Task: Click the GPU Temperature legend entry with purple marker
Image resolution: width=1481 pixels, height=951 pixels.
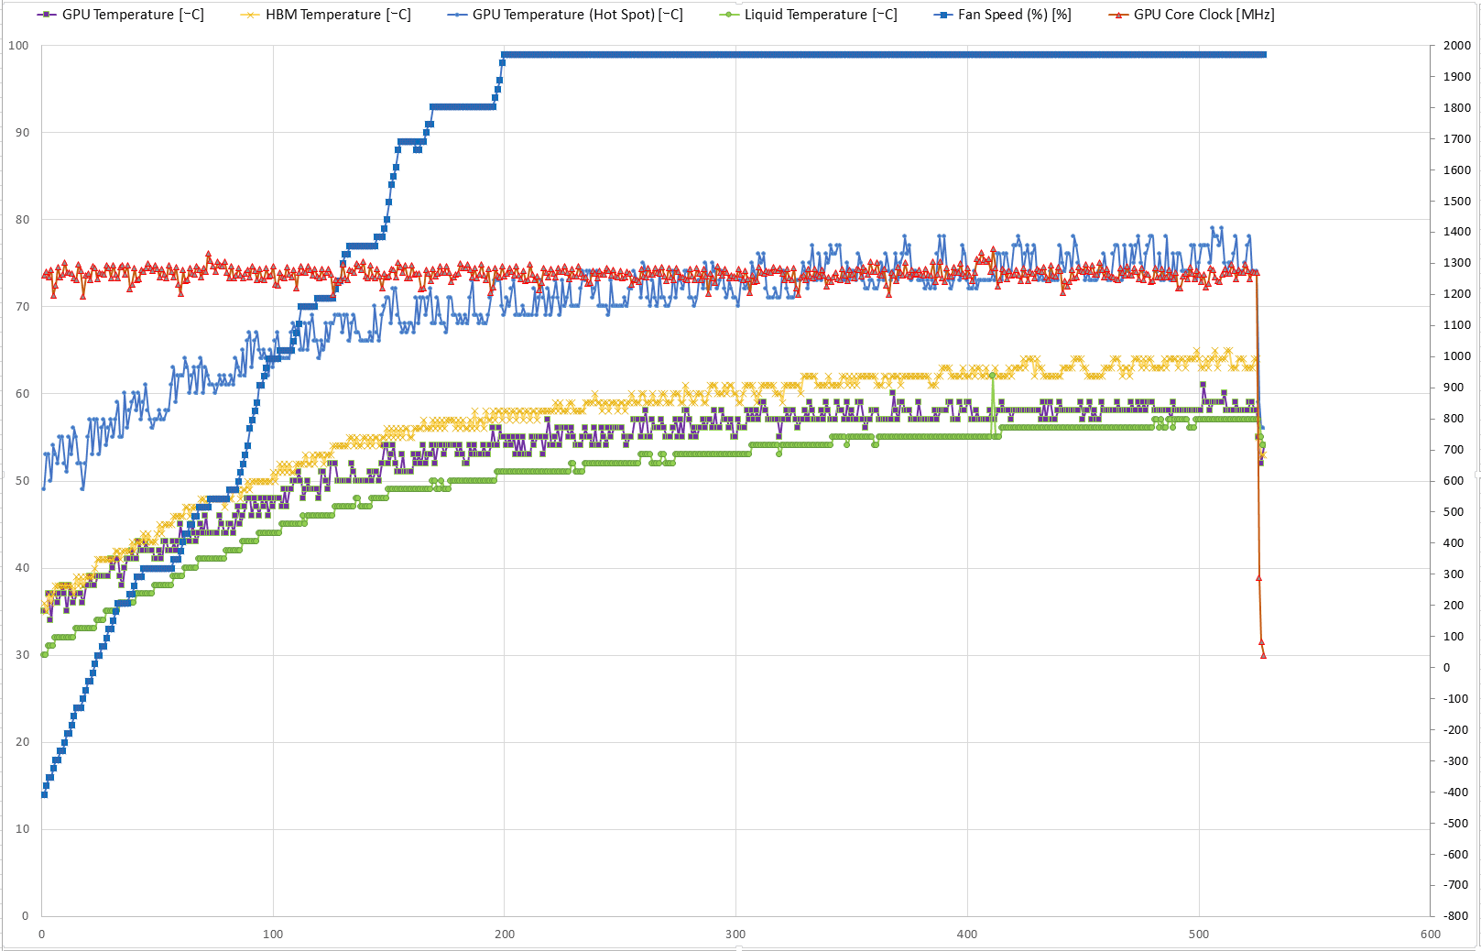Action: coord(121,15)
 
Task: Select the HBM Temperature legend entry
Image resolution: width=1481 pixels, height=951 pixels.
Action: coord(326,15)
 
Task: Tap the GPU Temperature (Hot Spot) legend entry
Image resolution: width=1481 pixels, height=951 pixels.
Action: coord(566,15)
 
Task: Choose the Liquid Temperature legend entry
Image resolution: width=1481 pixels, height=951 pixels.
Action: coord(809,15)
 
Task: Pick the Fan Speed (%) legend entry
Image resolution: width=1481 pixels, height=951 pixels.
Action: coord(1002,15)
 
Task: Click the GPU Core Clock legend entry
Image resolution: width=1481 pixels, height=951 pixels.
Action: coord(1192,15)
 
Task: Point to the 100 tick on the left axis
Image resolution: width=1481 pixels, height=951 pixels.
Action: coord(18,46)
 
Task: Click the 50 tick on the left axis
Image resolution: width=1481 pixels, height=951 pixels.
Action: coord(22,481)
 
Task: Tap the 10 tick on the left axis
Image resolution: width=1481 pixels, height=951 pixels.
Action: coord(22,829)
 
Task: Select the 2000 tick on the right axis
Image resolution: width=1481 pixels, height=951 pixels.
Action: coord(1456,46)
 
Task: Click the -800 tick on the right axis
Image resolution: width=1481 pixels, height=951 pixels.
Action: coord(1455,915)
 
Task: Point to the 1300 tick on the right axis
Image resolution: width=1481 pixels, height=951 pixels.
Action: coord(1456,263)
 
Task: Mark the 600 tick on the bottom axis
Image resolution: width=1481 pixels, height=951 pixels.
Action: coord(1430,935)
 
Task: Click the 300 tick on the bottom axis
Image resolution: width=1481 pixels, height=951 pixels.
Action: coord(735,935)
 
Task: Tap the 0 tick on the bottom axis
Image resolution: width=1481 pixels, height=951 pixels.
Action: coord(42,935)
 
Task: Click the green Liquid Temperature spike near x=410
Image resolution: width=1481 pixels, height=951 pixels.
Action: coord(992,375)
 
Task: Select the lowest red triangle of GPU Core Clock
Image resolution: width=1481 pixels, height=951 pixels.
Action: coord(1264,655)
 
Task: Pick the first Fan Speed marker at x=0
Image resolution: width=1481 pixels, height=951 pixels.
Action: coord(44,794)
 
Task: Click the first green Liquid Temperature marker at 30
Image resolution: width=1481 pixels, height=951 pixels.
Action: coord(44,655)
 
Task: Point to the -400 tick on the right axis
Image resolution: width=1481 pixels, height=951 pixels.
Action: coord(1455,792)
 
